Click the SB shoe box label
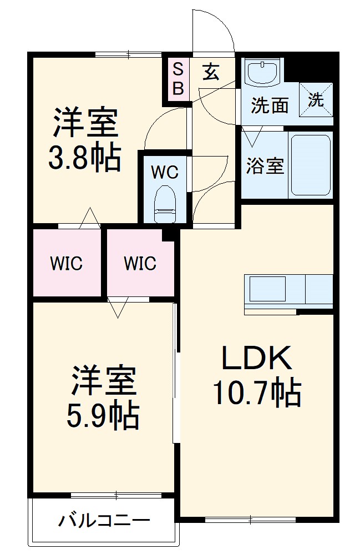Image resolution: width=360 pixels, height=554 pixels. click(x=178, y=78)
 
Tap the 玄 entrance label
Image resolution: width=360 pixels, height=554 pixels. click(x=210, y=72)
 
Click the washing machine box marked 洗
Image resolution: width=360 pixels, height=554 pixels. click(x=316, y=100)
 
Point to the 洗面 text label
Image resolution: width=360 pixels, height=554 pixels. click(x=269, y=105)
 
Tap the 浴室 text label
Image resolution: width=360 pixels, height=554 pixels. click(x=265, y=166)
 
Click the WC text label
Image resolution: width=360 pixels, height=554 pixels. click(x=165, y=173)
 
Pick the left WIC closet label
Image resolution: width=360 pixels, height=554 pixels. click(x=67, y=263)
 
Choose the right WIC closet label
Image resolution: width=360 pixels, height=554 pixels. click(x=140, y=263)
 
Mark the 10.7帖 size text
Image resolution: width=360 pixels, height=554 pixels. click(x=257, y=394)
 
